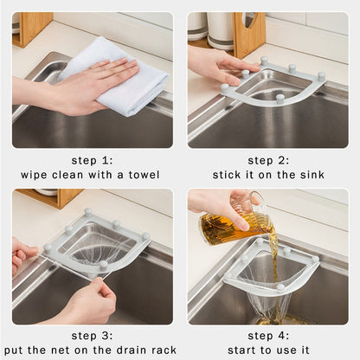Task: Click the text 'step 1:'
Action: click(93, 160)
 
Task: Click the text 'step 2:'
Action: click(268, 160)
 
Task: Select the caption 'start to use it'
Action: click(268, 350)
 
